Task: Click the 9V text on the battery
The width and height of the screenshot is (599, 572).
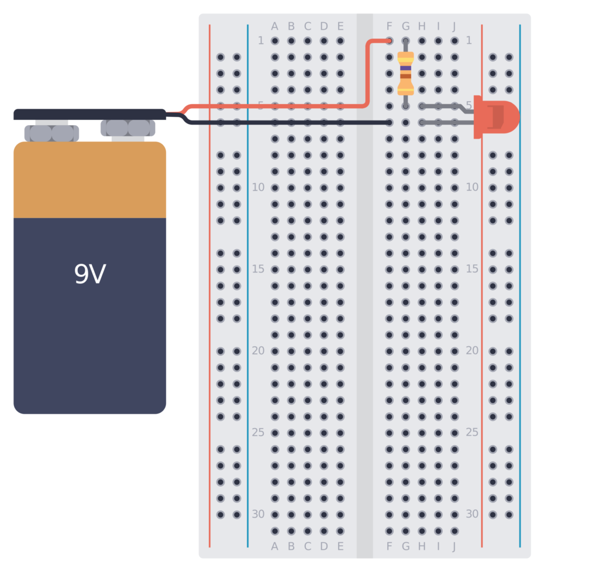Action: [89, 274]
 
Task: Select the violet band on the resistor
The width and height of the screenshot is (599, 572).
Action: [405, 68]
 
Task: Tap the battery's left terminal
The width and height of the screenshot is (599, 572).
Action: [51, 133]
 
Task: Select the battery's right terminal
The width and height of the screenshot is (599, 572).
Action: [128, 128]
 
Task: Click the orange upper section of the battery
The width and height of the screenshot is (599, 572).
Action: [89, 180]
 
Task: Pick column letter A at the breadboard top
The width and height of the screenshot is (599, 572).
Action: [274, 26]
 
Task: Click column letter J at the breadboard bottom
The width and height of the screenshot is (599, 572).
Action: [454, 547]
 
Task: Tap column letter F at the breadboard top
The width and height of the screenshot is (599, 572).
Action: [390, 26]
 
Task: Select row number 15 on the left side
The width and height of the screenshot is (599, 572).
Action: [258, 269]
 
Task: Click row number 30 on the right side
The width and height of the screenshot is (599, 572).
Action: [471, 514]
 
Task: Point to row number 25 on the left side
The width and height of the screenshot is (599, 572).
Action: [258, 432]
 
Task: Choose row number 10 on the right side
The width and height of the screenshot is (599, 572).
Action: [471, 187]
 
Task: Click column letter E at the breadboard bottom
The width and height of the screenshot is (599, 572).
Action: [340, 547]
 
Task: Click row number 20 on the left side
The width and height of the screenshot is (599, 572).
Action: [258, 351]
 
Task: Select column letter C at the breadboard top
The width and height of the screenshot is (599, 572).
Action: [307, 26]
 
